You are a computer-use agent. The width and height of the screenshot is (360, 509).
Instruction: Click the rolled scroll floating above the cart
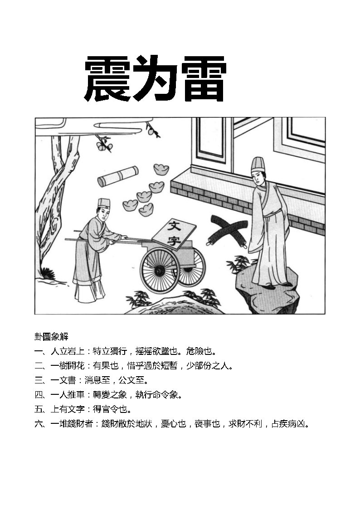118,176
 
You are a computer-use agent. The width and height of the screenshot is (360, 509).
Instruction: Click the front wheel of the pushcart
160,270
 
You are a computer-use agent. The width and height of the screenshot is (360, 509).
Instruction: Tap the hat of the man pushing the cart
104,204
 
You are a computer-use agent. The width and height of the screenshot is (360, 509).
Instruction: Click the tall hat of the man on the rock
258,165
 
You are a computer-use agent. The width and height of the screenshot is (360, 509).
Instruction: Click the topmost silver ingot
161,169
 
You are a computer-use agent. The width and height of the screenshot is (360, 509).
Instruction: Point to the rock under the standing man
267,296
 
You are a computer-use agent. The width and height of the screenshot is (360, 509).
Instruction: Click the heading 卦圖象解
51,337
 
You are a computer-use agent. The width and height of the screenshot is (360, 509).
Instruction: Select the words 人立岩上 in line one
68,351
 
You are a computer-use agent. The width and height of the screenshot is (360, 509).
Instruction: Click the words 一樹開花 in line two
68,365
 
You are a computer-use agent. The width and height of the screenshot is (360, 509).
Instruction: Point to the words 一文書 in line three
63,380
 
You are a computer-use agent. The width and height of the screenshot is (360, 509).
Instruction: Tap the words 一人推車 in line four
68,394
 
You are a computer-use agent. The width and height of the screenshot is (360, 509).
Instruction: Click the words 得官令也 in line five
110,409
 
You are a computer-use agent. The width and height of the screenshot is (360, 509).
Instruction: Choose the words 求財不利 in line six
245,423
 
